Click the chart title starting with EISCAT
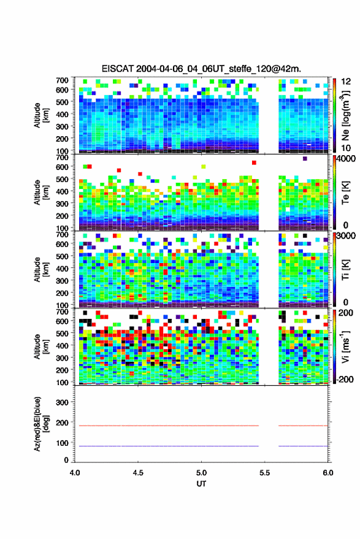click(x=201, y=69)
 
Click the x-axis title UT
click(x=201, y=484)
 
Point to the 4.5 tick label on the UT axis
click(x=138, y=473)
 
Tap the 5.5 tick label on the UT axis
click(x=264, y=473)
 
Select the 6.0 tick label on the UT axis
click(x=327, y=473)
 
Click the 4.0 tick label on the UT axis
click(x=75, y=473)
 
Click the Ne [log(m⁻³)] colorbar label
click(x=345, y=115)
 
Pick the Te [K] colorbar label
click(x=345, y=193)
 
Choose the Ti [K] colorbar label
click(x=345, y=270)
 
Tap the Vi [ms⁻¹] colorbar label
click(x=345, y=346)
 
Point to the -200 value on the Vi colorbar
click(x=345, y=380)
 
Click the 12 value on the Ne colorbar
click(x=345, y=82)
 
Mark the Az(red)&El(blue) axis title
click(x=40, y=424)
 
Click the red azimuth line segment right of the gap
click(x=303, y=426)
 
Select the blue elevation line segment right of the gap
click(x=303, y=446)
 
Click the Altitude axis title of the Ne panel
click(x=40, y=115)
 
